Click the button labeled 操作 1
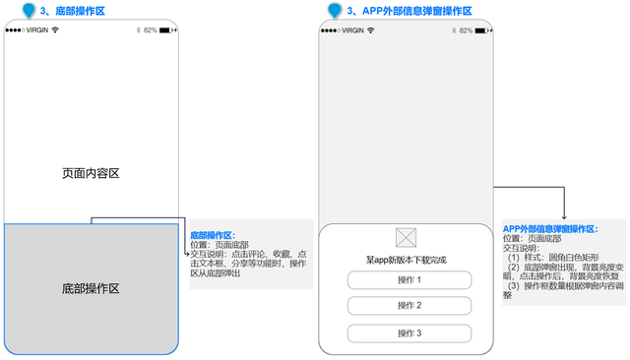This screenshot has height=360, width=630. click(409, 279)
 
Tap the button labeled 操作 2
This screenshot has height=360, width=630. click(409, 306)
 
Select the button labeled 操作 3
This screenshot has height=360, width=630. click(409, 333)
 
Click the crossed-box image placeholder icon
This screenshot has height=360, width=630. click(406, 237)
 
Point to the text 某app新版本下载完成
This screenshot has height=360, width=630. click(407, 259)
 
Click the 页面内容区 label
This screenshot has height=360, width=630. click(90, 173)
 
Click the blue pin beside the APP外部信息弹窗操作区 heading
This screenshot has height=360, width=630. click(335, 10)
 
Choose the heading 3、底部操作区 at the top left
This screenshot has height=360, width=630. click(72, 11)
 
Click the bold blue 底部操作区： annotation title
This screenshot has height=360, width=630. click(212, 235)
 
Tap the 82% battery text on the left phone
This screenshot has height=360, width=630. click(150, 30)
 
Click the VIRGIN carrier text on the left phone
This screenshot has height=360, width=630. click(36, 30)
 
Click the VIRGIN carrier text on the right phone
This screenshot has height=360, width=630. click(350, 30)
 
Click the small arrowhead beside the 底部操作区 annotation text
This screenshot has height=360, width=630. click(185, 254)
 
